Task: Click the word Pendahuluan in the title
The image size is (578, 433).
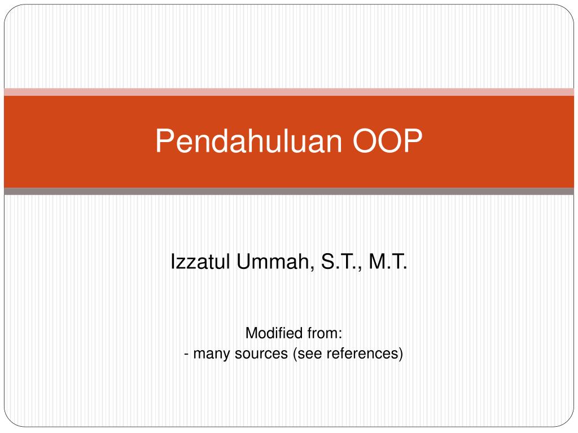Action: [249, 140]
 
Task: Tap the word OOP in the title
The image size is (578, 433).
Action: [387, 140]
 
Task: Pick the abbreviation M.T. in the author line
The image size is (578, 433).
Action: [388, 262]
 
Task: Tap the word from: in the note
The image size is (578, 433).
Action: [325, 333]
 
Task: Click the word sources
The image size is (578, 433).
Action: [261, 354]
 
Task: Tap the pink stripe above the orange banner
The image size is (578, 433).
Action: [289, 92]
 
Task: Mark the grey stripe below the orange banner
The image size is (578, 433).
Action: [289, 192]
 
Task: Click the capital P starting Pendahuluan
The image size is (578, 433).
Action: [164, 140]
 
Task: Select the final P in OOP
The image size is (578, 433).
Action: [414, 140]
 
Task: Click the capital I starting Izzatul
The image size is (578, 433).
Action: [173, 262]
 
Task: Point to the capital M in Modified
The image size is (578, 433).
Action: [252, 333]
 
